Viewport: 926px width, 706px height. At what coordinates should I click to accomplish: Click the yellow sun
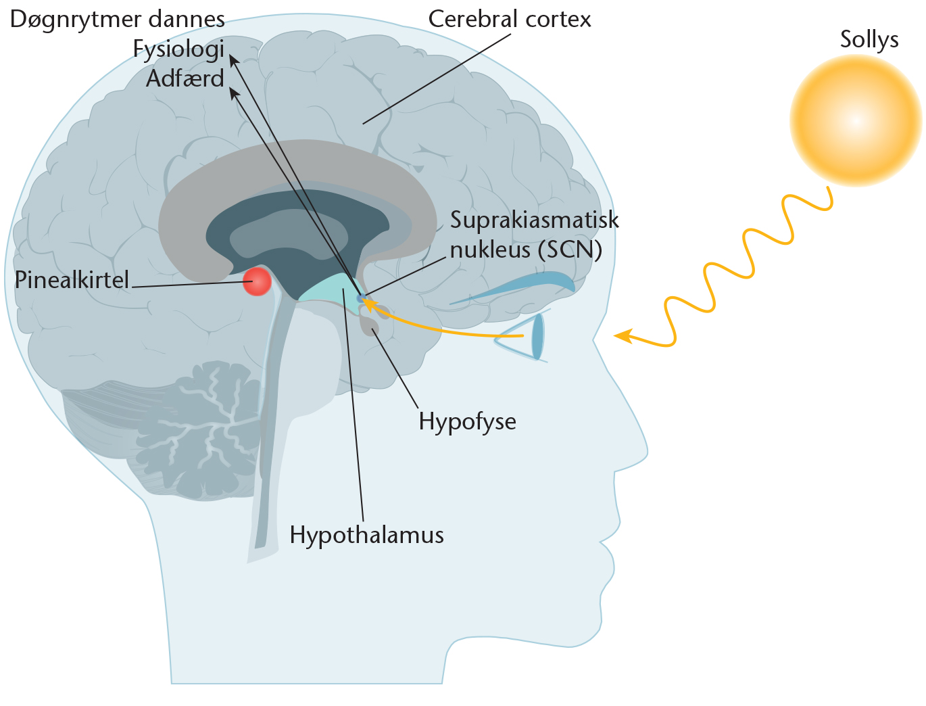[855, 121]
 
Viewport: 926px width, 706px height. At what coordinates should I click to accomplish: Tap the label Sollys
[869, 39]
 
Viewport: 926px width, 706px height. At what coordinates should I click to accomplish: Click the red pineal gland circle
[257, 281]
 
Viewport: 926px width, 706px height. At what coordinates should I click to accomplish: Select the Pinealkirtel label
[72, 280]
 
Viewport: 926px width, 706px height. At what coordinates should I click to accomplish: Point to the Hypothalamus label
[366, 535]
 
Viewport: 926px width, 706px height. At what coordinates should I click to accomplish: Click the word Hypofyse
[467, 421]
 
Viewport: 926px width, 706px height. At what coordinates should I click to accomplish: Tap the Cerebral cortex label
[509, 19]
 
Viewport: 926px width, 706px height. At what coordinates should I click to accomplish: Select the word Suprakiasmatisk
[534, 220]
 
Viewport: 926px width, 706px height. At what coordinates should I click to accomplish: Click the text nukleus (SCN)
[525, 250]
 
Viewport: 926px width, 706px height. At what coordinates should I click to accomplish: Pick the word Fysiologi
[178, 49]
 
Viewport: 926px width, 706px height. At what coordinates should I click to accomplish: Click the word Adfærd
[185, 78]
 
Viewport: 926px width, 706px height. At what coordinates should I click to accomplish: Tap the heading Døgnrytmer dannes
[117, 19]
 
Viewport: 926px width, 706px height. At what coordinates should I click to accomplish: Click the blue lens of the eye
[537, 336]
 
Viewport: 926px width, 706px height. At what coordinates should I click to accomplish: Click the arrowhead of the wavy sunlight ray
[621, 335]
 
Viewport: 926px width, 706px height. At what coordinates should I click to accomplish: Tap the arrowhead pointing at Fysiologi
[233, 60]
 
